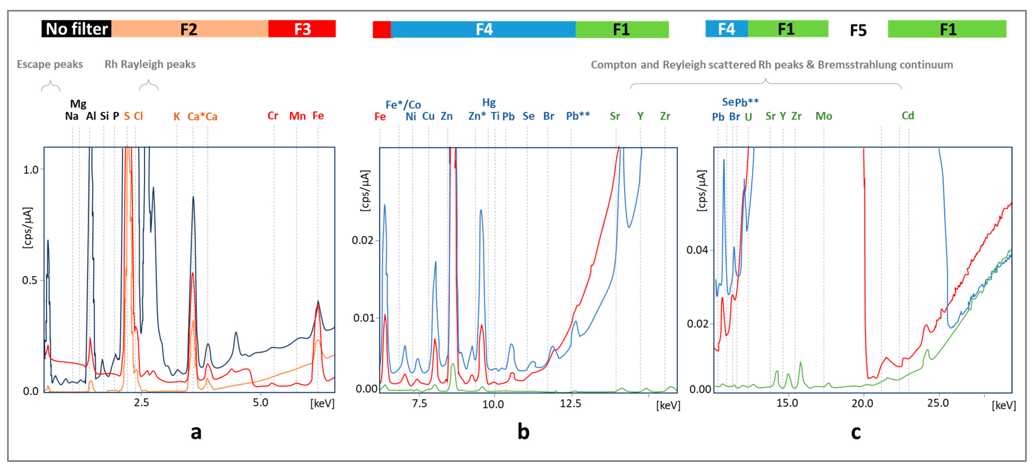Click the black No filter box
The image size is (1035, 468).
click(x=76, y=29)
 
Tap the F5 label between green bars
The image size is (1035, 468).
click(x=858, y=30)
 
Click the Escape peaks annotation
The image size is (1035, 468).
click(x=50, y=64)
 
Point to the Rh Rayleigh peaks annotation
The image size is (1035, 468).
click(x=150, y=64)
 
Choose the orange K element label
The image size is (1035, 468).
click(x=177, y=117)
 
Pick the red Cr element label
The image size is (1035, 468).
click(x=273, y=116)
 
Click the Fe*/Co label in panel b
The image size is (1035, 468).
click(x=403, y=105)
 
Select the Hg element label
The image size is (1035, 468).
click(x=489, y=103)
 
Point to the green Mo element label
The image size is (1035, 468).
click(x=824, y=116)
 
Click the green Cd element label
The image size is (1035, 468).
click(x=908, y=116)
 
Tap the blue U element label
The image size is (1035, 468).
click(x=748, y=117)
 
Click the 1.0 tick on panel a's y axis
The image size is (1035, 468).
click(x=31, y=170)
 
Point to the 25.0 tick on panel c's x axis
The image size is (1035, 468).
click(x=938, y=403)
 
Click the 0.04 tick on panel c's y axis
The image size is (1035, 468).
click(x=697, y=250)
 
